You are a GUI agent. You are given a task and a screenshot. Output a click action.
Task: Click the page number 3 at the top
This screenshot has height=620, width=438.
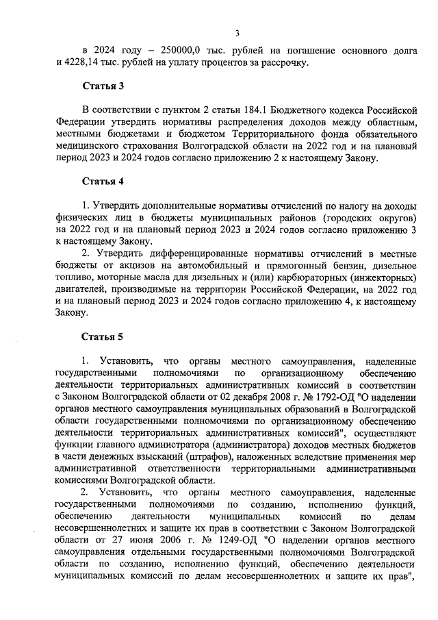[x=237, y=32]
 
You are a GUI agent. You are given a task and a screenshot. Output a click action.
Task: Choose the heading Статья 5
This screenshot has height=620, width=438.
[x=103, y=336]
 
